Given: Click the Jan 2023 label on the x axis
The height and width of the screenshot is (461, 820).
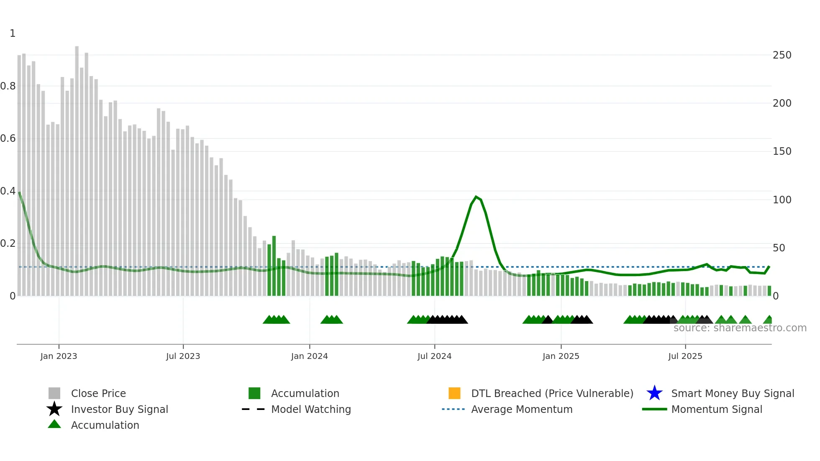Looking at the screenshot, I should (x=59, y=356).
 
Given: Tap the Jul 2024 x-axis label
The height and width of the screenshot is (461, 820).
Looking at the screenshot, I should (x=434, y=356).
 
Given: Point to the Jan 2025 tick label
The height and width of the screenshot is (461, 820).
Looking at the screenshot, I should (x=561, y=356).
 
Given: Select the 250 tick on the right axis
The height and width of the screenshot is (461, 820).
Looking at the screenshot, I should (x=782, y=55).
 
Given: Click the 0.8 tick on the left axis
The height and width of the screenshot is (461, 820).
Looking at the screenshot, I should (x=8, y=86).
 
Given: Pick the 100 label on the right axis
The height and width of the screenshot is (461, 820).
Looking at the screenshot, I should (x=782, y=200).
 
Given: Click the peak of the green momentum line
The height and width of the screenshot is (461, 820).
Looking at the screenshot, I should (x=476, y=197).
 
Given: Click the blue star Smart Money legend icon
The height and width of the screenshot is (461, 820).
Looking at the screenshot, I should (x=654, y=393).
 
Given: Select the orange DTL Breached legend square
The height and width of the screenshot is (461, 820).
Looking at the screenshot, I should (x=454, y=393).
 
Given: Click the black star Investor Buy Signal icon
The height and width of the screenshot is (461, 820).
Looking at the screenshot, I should (x=54, y=409).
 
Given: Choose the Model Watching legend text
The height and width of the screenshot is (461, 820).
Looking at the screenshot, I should (x=311, y=410).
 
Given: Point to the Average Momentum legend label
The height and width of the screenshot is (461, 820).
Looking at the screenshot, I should (x=522, y=410).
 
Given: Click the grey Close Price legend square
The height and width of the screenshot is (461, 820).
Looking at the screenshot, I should (x=54, y=393).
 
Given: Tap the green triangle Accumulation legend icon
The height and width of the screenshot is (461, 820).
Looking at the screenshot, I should (x=54, y=424).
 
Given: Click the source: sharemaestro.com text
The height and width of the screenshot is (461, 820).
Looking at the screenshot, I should (x=740, y=328).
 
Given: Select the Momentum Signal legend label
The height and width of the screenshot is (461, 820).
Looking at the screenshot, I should (x=717, y=410).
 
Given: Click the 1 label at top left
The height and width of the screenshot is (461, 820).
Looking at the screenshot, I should (x=13, y=33).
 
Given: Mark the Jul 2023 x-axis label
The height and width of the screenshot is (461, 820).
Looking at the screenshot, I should (x=183, y=356).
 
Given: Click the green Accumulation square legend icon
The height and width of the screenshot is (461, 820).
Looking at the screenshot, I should (x=254, y=393).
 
